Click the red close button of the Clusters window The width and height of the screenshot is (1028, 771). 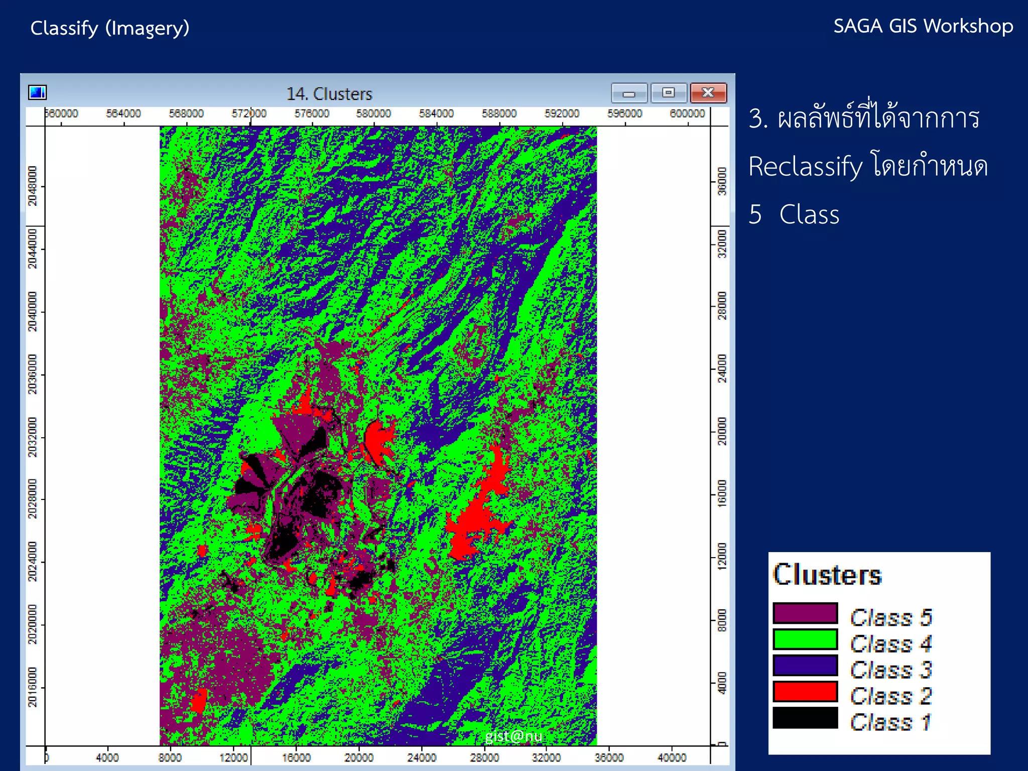708,93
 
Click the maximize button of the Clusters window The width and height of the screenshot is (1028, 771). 668,93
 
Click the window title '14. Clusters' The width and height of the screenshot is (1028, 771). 329,94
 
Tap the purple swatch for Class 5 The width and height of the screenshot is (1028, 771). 805,613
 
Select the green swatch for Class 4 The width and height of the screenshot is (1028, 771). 805,639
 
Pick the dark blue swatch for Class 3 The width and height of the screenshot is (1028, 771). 805,666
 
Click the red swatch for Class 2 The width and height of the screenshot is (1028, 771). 805,692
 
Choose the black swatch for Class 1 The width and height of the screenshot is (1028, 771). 805,718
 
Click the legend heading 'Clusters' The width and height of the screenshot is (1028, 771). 827,575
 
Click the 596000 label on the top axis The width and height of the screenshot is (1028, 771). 624,114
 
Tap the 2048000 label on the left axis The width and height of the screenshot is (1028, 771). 33,186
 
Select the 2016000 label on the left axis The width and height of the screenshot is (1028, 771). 33,687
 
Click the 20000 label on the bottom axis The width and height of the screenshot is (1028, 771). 358,757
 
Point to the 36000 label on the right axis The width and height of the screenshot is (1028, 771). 722,181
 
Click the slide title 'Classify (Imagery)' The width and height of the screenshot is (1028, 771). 110,28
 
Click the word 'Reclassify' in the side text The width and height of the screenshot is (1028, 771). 805,167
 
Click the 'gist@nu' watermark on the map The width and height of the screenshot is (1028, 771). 513,736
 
